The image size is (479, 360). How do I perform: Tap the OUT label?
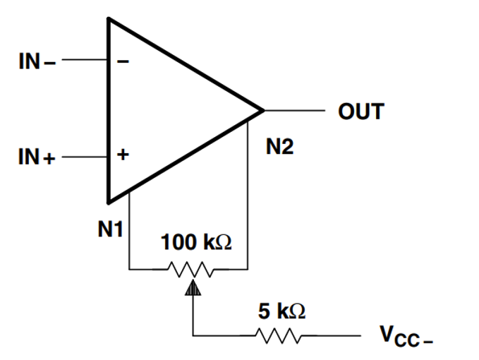pos(360,112)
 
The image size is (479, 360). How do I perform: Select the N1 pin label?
pos(111,229)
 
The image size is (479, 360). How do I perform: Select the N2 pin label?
pos(280,148)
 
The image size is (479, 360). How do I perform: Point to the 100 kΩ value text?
pos(196,244)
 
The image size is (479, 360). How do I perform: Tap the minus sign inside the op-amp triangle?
pos(123,62)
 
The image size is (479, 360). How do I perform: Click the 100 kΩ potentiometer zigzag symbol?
pos(190,269)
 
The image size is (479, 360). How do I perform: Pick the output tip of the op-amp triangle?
pos(262,111)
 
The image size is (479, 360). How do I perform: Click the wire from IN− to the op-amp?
pos(85,60)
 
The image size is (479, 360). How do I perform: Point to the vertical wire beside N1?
pos(129,233)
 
